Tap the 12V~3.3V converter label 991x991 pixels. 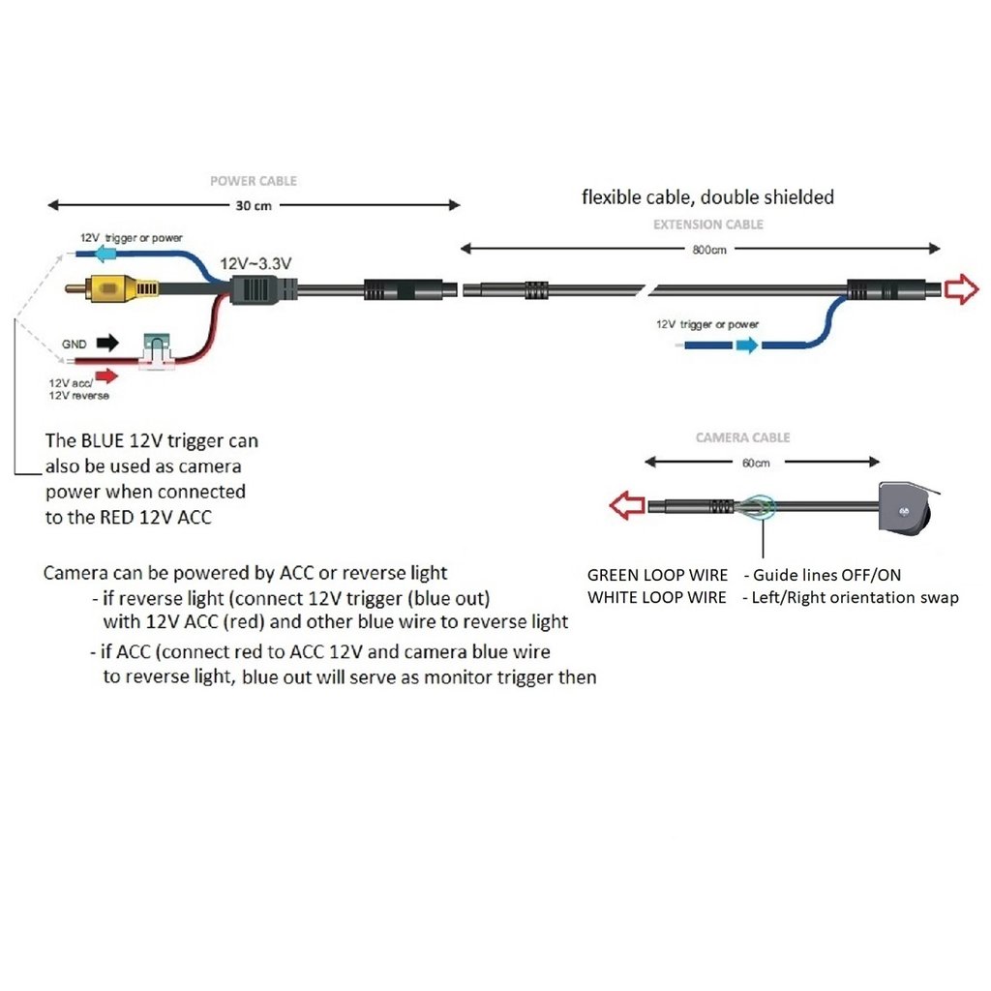pos(256,263)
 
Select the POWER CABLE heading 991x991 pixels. pos(254,181)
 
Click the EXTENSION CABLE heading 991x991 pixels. pos(708,225)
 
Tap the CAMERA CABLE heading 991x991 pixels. pos(742,437)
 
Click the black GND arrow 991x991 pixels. pos(105,342)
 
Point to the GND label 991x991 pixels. pos(74,344)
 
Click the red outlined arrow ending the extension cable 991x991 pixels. pos(961,288)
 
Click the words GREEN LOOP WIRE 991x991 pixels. pos(657,575)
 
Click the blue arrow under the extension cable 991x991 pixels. pos(746,345)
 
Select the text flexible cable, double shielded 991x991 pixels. pos(707,197)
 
